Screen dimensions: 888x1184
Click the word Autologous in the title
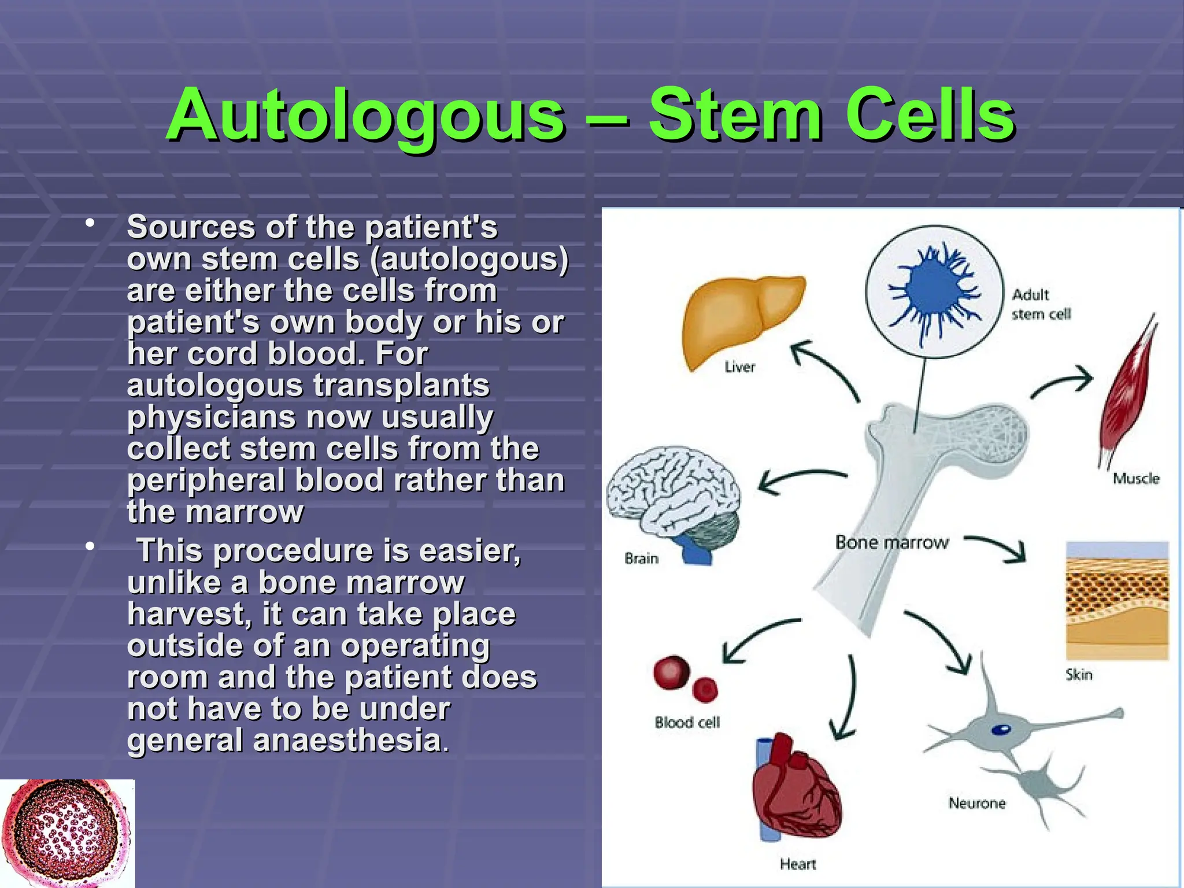pos(365,116)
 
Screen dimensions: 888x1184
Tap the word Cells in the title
pos(930,116)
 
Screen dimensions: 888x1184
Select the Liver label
pos(740,367)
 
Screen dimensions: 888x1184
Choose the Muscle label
pos(1136,479)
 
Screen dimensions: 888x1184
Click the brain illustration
pos(671,497)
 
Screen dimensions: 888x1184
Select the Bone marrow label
pos(891,542)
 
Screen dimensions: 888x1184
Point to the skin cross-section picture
pos(1117,601)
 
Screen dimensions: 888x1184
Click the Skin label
pos(1079,675)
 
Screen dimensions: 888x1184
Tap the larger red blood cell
pos(672,672)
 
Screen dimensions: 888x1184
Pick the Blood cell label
pos(687,723)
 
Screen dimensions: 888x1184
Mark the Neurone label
pos(977,803)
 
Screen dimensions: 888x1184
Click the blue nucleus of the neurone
pos(1001,730)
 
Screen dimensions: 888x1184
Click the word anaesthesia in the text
pos(347,741)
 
